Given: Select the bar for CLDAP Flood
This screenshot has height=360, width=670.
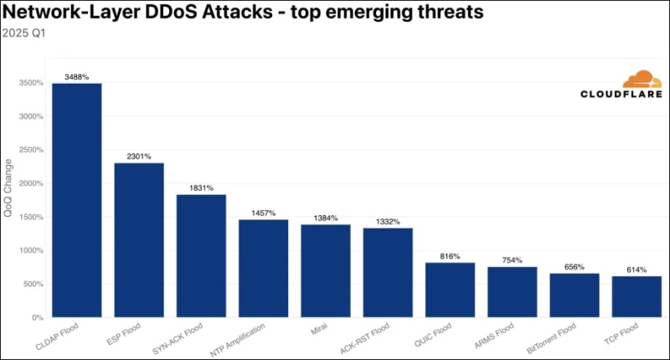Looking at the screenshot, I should (x=77, y=200).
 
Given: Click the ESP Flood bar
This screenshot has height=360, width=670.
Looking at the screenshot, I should (x=139, y=240).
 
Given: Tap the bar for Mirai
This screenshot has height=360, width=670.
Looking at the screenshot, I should (x=326, y=270).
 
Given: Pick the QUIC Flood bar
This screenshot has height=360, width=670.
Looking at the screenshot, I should (x=450, y=290).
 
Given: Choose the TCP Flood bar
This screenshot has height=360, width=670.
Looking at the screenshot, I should (x=636, y=296).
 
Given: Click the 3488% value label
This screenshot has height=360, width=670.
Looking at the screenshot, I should (x=77, y=77).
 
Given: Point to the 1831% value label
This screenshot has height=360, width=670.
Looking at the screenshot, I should (x=201, y=188).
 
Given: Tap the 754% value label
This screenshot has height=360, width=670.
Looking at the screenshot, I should (x=512, y=260).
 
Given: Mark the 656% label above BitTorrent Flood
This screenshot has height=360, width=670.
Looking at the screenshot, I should (x=574, y=267).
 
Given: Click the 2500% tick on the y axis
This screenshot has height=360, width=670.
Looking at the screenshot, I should (x=32, y=150).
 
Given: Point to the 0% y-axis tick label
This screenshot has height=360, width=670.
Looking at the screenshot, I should (x=37, y=317).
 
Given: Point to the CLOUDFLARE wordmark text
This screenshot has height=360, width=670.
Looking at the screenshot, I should (x=621, y=95).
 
